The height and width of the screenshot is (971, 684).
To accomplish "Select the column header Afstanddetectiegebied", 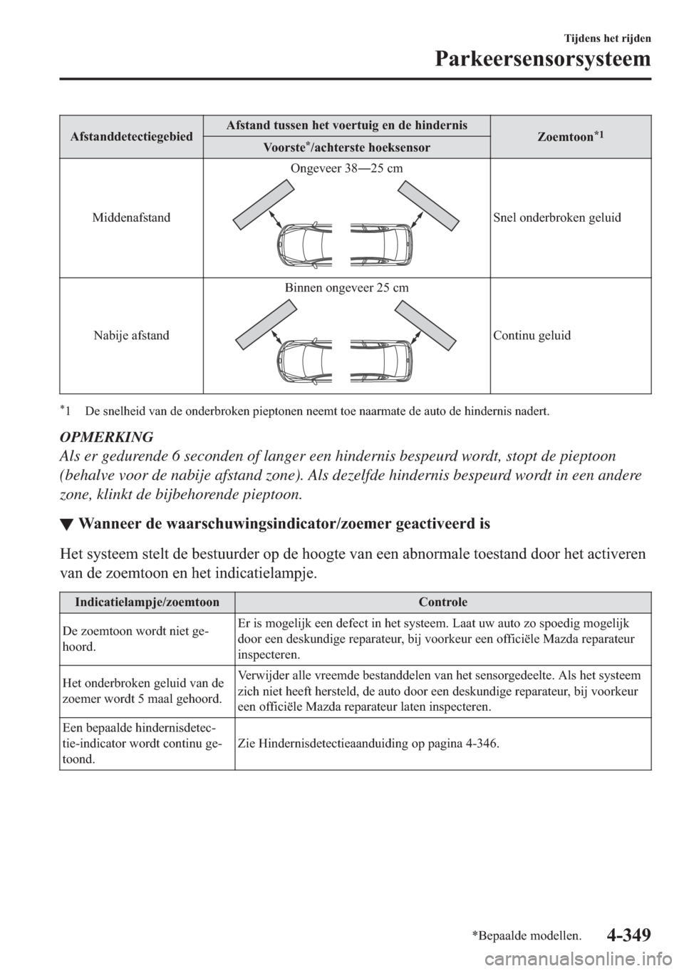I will coord(132,135).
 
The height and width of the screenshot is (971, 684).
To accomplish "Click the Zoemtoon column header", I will coord(571,135).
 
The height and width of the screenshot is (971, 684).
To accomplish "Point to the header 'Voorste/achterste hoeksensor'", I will coord(346,147).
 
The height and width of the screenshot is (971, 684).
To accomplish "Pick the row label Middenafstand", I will coord(131,217).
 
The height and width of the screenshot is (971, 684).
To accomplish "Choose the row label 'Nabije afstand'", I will coord(131,335).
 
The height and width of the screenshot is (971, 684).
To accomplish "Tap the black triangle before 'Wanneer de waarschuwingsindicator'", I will coord(65,526).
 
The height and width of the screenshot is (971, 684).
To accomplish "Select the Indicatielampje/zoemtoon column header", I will coord(147,602).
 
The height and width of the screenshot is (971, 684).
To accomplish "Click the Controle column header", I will coord(442,602).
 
